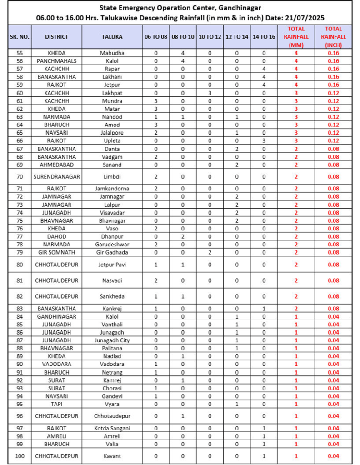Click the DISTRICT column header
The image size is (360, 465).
pyautogui.click(x=56, y=36)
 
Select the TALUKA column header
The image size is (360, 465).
pyautogui.click(x=111, y=36)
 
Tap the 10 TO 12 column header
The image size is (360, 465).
pyautogui.click(x=210, y=36)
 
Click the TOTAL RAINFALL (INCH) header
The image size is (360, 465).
pyautogui.click(x=333, y=36)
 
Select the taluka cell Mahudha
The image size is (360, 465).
pyautogui.click(x=111, y=53)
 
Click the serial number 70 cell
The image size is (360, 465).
pyautogui.click(x=20, y=176)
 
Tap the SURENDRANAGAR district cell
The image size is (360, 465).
pyautogui.click(x=56, y=176)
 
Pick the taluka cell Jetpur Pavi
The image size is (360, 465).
pyautogui.click(x=111, y=264)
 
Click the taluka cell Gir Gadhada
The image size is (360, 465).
pyautogui.click(x=111, y=252)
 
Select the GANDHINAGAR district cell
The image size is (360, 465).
pyautogui.click(x=56, y=316)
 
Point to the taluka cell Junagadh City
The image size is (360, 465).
pyautogui.click(x=111, y=340)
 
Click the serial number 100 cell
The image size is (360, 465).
pyautogui.click(x=20, y=456)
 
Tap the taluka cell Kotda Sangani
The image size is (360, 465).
pyautogui.click(x=111, y=428)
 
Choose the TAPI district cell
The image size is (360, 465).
pyautogui.click(x=56, y=404)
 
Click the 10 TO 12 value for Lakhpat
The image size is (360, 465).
pyautogui.click(x=210, y=93)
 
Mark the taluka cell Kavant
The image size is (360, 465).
pyautogui.click(x=111, y=456)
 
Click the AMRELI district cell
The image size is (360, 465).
pyautogui.click(x=56, y=436)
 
